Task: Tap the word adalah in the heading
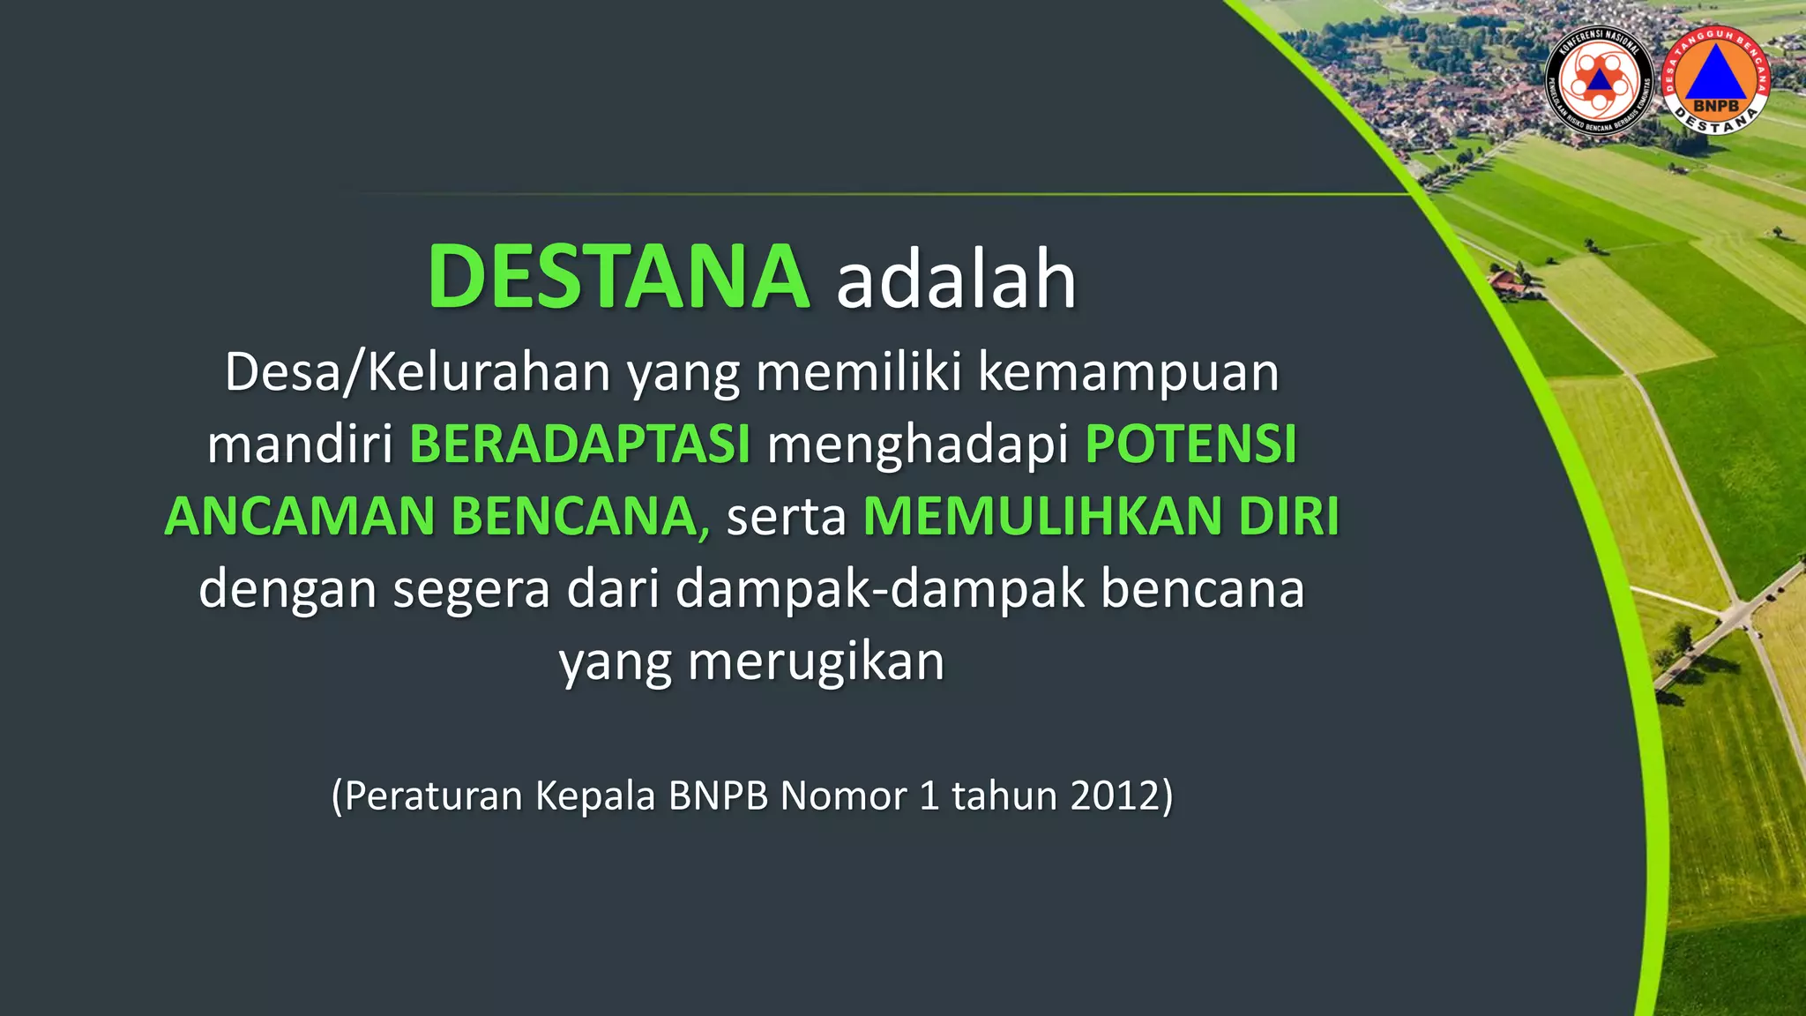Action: (956, 280)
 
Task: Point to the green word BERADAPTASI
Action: (579, 444)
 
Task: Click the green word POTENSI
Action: (1190, 444)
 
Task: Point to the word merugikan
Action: (816, 661)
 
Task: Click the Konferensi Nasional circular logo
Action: (1599, 81)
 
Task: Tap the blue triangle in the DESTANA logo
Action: (1715, 73)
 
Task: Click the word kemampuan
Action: (1128, 372)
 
